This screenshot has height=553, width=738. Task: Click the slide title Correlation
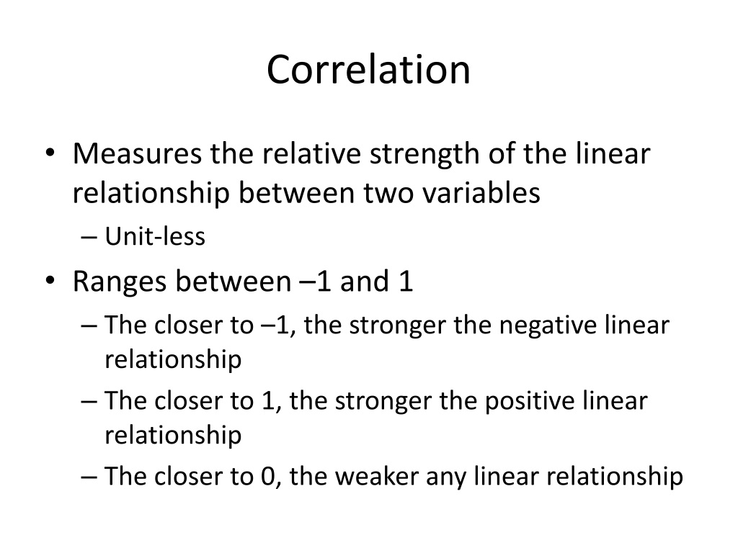[368, 70]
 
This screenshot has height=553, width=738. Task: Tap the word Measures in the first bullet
[138, 153]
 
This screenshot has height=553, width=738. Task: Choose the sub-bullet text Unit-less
[156, 236]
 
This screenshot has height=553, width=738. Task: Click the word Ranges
[120, 282]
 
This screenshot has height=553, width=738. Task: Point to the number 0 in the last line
[268, 477]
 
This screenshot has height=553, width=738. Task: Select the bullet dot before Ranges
[50, 281]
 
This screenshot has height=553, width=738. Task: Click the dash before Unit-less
[89, 237]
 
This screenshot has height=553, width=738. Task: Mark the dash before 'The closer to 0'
[89, 477]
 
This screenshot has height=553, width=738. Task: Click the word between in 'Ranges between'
[234, 282]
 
